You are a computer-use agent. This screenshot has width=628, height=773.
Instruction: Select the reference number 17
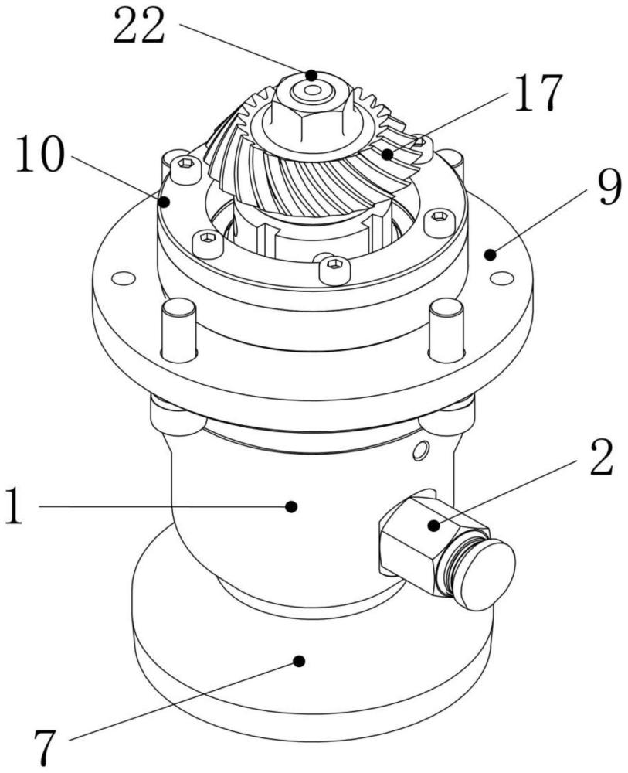point(538,92)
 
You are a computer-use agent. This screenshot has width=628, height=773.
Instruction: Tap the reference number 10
point(40,154)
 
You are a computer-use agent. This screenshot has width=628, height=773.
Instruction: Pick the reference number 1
point(15,506)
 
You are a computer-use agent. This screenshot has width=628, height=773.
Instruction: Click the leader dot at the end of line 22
point(311,76)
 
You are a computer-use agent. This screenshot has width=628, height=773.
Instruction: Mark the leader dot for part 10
point(165,201)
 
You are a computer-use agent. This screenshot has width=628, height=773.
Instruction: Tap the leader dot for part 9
point(490,254)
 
